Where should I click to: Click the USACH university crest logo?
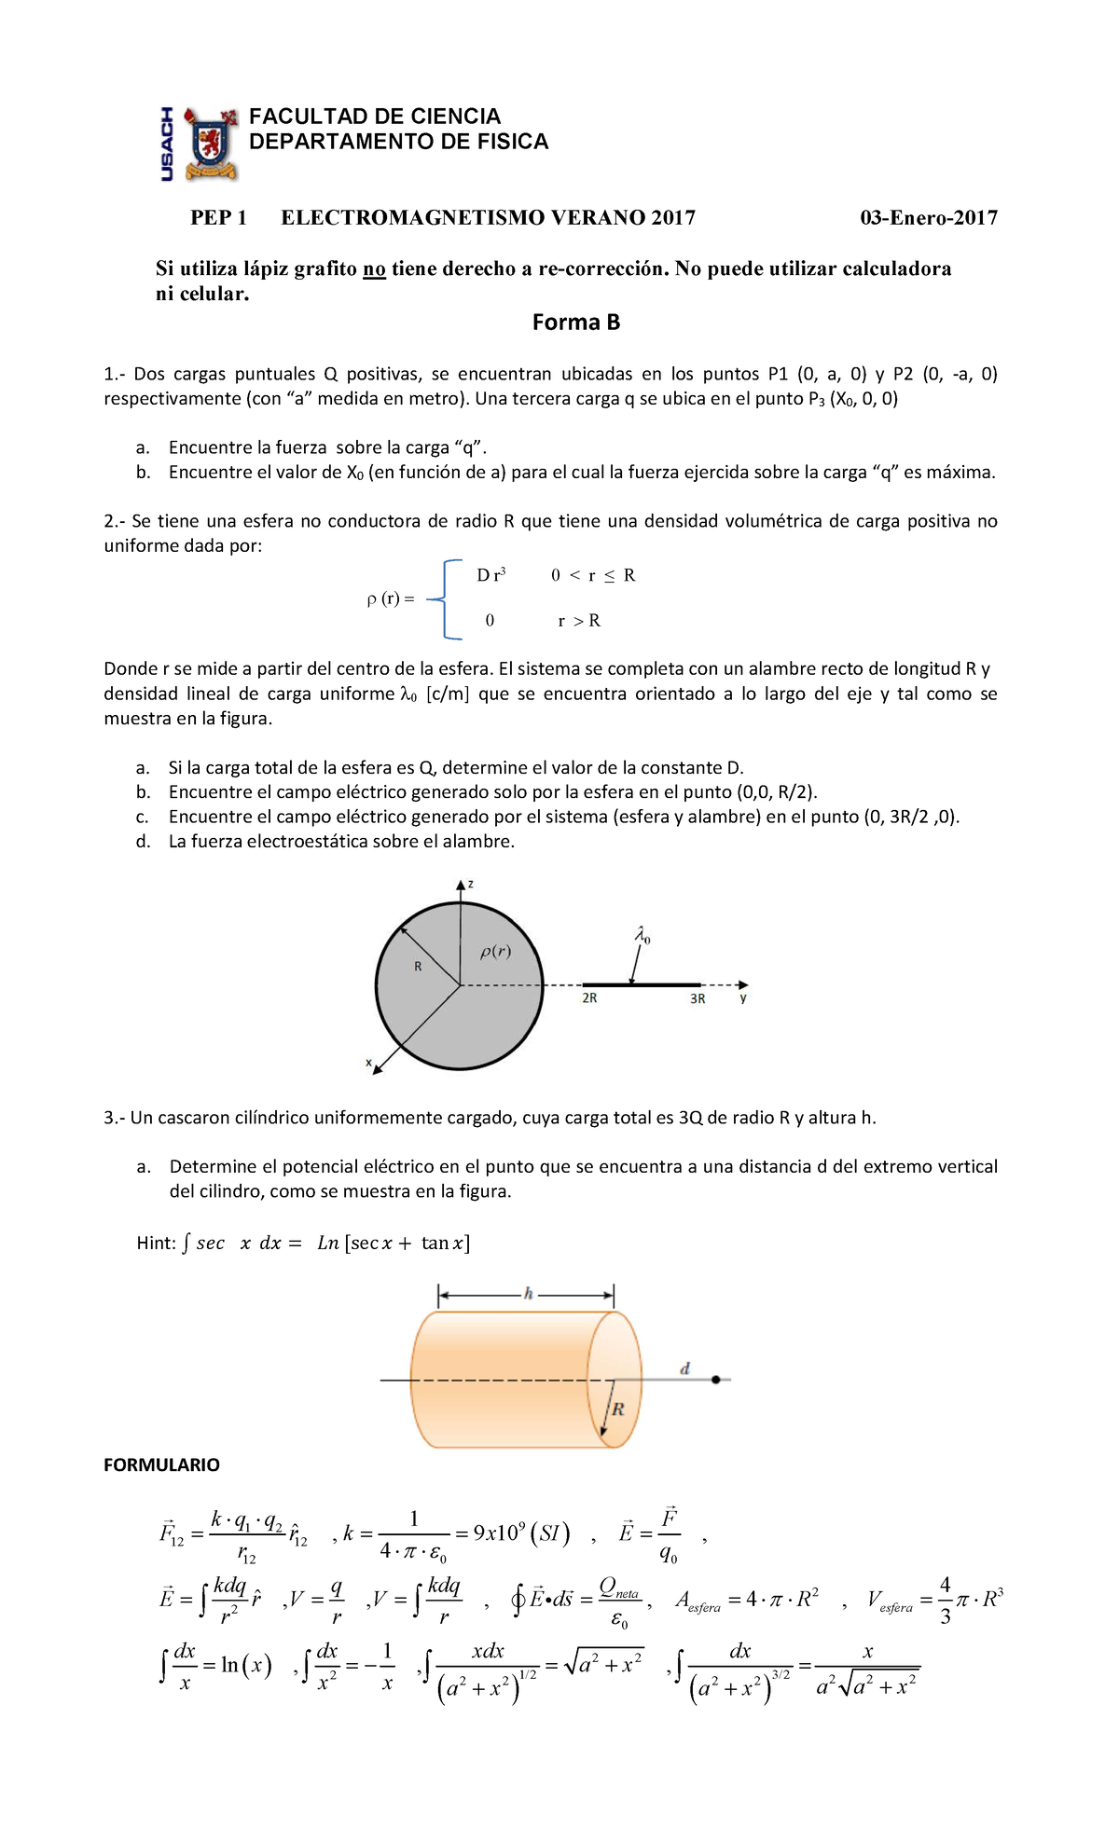[210, 143]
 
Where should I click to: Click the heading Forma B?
[575, 323]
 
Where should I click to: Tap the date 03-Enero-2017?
[928, 218]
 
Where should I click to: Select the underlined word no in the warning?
[374, 269]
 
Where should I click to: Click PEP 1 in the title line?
[218, 218]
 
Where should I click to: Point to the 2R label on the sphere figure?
[589, 998]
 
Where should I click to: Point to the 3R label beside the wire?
[698, 998]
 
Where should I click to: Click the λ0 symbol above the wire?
[642, 935]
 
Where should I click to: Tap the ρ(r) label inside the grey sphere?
[495, 952]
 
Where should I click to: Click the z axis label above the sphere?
[471, 884]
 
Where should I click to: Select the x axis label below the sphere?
[368, 1062]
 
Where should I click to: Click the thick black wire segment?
[642, 984]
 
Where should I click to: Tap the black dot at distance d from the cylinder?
[715, 1380]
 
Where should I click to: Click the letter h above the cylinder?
[528, 1294]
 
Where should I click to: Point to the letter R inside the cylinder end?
[617, 1409]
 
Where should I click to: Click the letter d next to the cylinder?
[684, 1368]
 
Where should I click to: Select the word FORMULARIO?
[161, 1465]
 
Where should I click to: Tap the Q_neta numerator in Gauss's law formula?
[619, 1587]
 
